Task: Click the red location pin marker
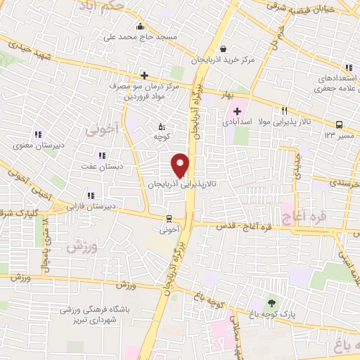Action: [x=181, y=165]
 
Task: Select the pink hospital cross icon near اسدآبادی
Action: [x=237, y=111]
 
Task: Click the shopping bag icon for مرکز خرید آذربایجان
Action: [x=223, y=49]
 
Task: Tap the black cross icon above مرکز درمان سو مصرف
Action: [x=144, y=75]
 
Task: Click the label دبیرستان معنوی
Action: [x=38, y=146]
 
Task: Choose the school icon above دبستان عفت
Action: [x=102, y=155]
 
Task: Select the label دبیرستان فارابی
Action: [x=91, y=207]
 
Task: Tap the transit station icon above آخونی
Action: [x=169, y=218]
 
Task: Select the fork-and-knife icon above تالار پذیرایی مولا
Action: [x=285, y=110]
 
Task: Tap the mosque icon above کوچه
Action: [x=161, y=127]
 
